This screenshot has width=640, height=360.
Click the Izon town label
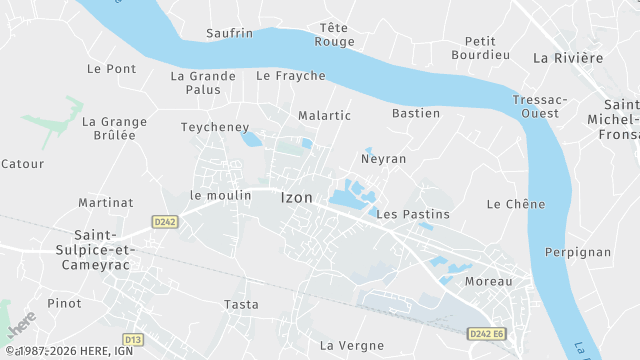(x=296, y=198)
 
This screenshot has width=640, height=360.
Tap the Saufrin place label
(x=229, y=33)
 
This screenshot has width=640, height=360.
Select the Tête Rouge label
(x=334, y=34)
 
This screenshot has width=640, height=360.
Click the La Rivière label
(x=568, y=58)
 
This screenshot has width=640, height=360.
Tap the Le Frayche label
(x=291, y=76)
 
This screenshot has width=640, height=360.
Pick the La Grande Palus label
(x=203, y=82)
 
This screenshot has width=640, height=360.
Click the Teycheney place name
(x=215, y=127)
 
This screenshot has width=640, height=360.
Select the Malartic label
(x=324, y=115)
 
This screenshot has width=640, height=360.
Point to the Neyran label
(x=383, y=159)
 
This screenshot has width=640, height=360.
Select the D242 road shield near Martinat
(x=165, y=221)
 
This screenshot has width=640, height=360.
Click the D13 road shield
(x=133, y=339)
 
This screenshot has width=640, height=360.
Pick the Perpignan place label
(x=578, y=252)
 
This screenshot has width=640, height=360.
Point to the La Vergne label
(x=351, y=345)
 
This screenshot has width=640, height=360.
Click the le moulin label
(x=220, y=195)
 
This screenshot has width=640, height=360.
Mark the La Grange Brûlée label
(x=114, y=128)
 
